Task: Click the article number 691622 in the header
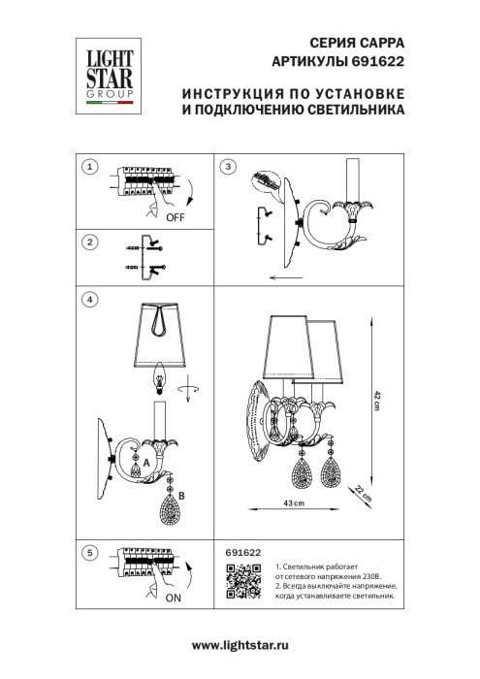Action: (379, 59)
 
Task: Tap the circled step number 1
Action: (89, 167)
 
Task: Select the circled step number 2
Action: (89, 242)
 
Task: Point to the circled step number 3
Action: (228, 167)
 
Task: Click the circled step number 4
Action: (89, 300)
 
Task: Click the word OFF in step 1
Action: (176, 218)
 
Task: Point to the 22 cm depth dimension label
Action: (361, 493)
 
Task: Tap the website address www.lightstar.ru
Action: (240, 645)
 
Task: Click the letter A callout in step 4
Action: (146, 465)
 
